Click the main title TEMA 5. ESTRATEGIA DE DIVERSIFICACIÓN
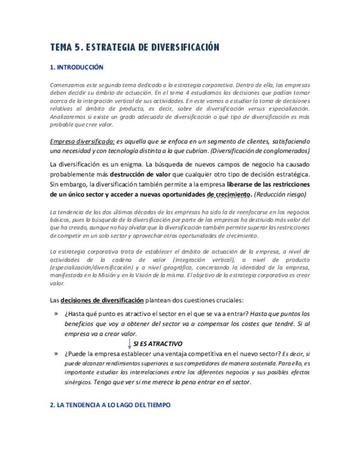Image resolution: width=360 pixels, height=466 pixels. coord(135,47)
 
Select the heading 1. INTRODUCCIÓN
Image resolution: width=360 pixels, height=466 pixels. coord(76,68)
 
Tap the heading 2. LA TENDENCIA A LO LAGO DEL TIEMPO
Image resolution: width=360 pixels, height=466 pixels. coord(110,405)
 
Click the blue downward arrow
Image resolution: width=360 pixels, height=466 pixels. coord(130,344)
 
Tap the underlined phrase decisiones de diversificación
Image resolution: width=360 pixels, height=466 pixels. coord(102,300)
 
